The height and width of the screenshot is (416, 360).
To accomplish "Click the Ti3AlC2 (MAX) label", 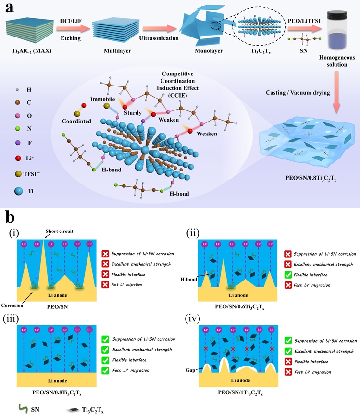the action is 31,50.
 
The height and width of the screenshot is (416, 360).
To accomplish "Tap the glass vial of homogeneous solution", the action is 337,30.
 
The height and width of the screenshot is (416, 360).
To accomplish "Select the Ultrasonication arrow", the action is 160,29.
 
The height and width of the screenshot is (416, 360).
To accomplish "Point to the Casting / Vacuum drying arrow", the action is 336,92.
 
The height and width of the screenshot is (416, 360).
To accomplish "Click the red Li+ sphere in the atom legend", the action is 18,159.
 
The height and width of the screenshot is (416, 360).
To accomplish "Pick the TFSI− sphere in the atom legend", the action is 18,174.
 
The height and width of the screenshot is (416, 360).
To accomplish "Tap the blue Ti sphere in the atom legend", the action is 18,191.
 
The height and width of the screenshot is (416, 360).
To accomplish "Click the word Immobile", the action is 102,99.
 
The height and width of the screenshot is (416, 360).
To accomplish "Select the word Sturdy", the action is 133,113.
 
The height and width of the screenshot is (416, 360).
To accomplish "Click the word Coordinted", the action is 76,121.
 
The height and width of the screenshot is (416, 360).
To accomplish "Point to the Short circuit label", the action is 59,231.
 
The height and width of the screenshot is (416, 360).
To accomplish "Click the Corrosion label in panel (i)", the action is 12,306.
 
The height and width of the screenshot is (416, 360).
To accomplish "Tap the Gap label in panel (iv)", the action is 190,370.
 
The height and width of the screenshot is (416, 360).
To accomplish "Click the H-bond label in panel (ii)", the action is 188,279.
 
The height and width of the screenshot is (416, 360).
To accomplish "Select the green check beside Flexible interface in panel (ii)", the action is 288,275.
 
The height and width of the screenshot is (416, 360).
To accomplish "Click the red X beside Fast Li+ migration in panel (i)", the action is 105,285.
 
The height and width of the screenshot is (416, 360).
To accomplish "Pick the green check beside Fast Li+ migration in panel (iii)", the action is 105,370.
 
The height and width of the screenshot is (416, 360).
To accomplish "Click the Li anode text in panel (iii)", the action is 57,381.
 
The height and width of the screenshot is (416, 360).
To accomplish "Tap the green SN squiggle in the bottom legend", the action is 23,409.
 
